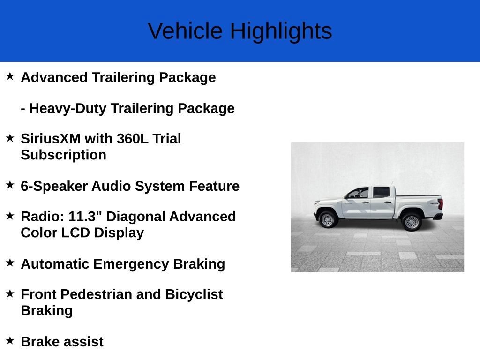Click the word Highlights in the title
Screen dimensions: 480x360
click(281, 31)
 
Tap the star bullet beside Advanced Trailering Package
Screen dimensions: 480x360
click(10, 76)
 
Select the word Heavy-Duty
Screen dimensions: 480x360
click(67, 109)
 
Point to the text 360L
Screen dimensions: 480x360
click(133, 139)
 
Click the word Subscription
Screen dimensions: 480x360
click(64, 155)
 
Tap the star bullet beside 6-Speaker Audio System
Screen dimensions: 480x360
click(10, 185)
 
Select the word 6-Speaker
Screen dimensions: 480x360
click(54, 187)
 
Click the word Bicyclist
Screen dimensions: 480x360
click(194, 295)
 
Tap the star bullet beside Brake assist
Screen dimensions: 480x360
click(10, 340)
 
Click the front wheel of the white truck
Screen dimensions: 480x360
click(327, 219)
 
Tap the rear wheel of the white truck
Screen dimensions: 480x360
click(412, 222)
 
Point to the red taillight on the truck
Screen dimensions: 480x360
click(441, 204)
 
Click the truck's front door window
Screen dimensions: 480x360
click(359, 193)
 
